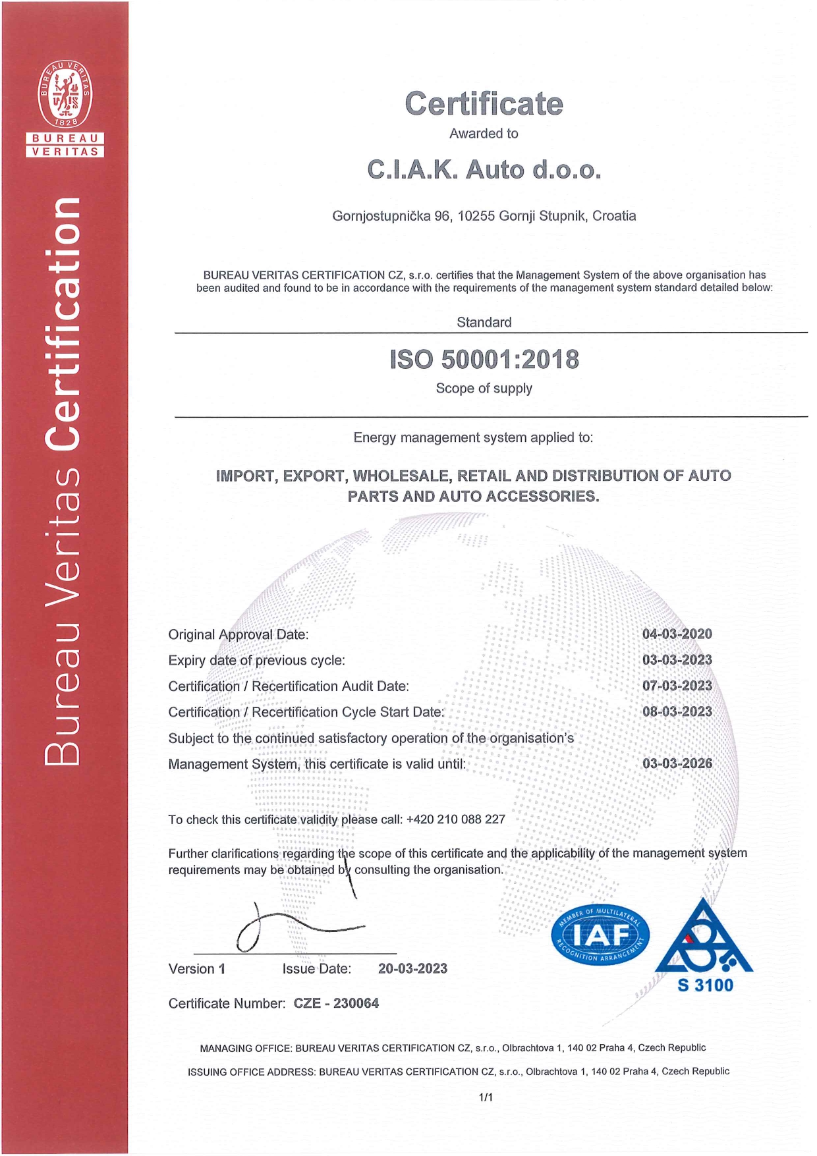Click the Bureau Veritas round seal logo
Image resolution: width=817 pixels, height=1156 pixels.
[65, 94]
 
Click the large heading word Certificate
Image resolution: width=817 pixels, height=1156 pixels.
[484, 104]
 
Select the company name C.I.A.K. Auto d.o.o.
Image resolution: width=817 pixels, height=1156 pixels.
[484, 170]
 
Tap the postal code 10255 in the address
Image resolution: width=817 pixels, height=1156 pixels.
[476, 216]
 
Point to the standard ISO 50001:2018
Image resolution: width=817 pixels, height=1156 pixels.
[484, 360]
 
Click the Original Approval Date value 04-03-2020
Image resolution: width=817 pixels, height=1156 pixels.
[677, 634]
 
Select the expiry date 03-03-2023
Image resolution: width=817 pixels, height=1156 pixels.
[677, 660]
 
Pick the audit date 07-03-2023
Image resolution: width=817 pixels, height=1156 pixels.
[677, 686]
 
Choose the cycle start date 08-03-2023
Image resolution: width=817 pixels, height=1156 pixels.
[677, 712]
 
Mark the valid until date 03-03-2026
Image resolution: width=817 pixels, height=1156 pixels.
[677, 764]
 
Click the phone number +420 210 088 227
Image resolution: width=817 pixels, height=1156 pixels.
[455, 819]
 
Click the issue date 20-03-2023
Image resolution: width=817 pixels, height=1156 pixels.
[412, 969]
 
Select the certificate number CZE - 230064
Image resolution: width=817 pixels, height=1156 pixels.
[336, 1003]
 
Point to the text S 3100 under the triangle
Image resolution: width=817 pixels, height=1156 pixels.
[704, 985]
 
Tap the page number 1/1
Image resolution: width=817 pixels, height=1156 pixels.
[486, 1097]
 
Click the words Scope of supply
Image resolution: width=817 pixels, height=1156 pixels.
[484, 389]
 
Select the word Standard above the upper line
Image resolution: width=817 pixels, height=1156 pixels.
[484, 322]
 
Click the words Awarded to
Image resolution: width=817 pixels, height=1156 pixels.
[484, 134]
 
